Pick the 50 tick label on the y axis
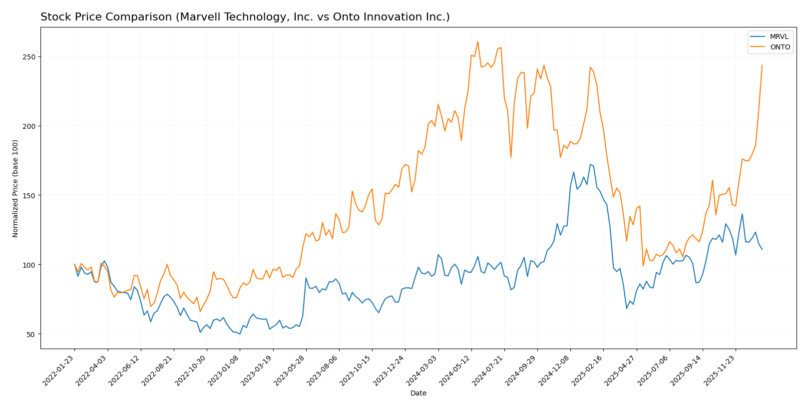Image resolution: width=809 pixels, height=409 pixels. tap(31, 334)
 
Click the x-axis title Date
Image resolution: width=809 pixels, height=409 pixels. tap(418, 394)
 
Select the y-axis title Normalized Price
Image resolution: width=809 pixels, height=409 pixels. tap(15, 188)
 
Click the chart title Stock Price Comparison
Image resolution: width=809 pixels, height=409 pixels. tap(245, 17)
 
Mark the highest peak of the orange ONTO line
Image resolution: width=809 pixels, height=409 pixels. tap(477, 41)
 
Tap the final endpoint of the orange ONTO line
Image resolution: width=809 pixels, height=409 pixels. tap(762, 65)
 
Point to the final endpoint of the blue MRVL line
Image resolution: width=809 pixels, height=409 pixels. tap(762, 249)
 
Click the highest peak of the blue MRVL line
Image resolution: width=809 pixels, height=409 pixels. tap(590, 164)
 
